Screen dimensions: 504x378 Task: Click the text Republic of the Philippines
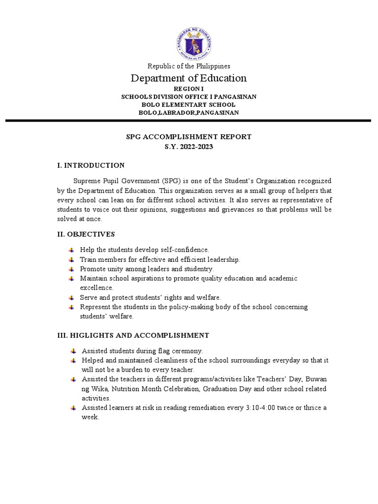point(189,66)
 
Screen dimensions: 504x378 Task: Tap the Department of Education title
point(189,78)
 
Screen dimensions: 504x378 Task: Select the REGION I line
point(189,89)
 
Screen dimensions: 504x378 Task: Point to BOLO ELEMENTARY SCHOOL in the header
point(189,105)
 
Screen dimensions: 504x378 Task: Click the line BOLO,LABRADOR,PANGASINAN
point(189,113)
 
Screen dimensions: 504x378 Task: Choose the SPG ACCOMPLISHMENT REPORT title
point(189,137)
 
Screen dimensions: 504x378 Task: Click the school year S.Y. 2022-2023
point(189,147)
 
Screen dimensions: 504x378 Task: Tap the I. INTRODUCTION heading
point(91,165)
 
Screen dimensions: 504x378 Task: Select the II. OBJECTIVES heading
point(87,234)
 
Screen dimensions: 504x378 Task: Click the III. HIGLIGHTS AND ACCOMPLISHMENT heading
point(133,335)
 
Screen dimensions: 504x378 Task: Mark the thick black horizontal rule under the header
point(189,121)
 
